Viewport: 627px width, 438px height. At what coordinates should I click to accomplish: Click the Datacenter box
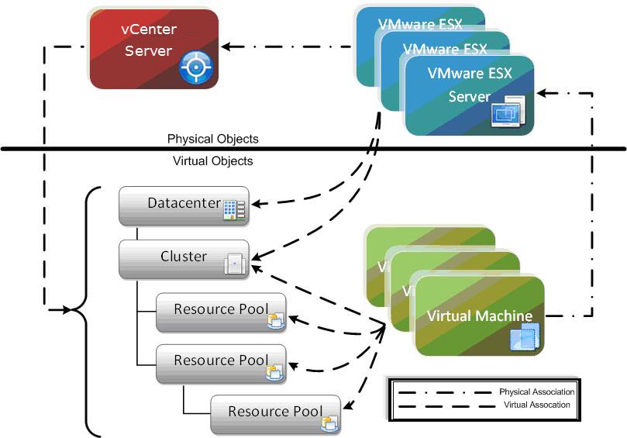pos(184,205)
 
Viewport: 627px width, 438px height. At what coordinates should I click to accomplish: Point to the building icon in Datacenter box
pos(233,210)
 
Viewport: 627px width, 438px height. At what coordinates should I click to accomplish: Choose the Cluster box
pos(184,258)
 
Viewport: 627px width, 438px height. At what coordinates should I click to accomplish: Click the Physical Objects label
pos(212,139)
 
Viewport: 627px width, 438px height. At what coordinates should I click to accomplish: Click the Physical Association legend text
pos(536,392)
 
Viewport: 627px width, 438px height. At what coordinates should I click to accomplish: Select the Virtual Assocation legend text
pos(536,405)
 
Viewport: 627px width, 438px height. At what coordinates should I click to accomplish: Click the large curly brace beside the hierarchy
pos(87,310)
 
